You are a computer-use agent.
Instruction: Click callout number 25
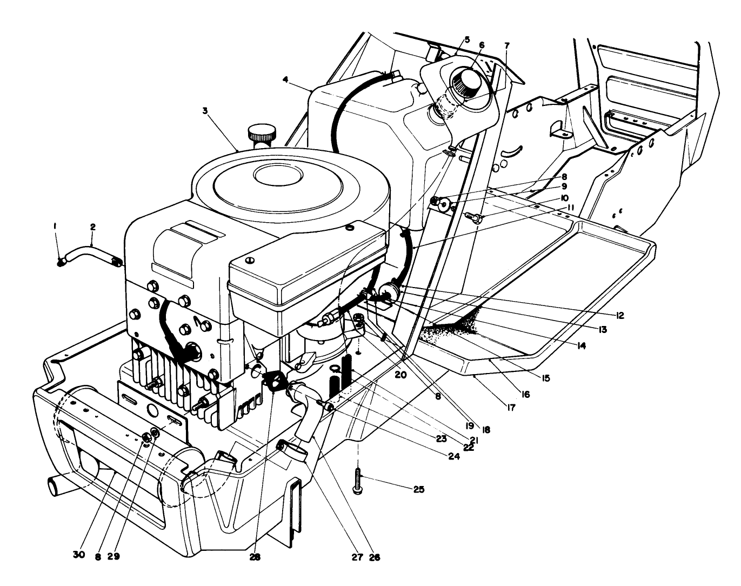418,490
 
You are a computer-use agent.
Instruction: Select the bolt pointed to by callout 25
357,480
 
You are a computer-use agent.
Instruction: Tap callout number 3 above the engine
205,110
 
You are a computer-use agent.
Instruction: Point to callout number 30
79,556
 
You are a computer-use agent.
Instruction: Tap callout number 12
619,315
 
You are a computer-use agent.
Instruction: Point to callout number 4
285,79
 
